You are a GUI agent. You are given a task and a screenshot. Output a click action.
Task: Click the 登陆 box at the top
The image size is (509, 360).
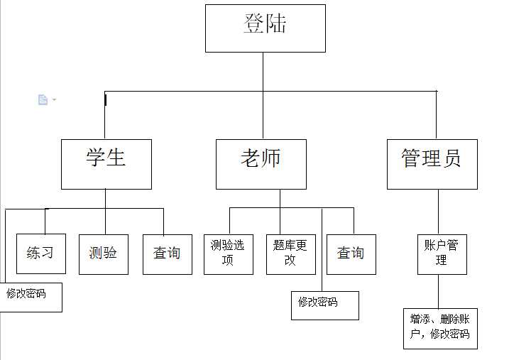[x=265, y=28]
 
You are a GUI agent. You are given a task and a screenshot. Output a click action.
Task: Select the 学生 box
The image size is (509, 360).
[x=106, y=164]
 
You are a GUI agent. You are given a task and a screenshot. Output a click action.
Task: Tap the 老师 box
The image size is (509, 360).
[x=261, y=164]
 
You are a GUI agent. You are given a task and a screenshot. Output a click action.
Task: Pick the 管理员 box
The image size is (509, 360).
[x=432, y=164]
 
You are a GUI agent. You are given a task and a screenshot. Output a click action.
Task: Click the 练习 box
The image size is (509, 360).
[x=40, y=253]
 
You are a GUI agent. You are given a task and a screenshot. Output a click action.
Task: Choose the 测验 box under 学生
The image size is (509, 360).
[x=103, y=253]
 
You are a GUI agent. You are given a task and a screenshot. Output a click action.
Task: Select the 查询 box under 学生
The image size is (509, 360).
[x=167, y=253]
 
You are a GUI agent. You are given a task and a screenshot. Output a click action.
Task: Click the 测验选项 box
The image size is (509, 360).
[x=228, y=253]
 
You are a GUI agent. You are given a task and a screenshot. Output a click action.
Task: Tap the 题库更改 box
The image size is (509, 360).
[x=290, y=253]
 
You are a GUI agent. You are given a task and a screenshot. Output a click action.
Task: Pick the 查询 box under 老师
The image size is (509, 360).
[x=351, y=253]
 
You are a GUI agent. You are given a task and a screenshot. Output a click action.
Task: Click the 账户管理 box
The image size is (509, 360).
[x=442, y=253]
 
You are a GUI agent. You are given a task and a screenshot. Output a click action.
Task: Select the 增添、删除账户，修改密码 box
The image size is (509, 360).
[x=440, y=327]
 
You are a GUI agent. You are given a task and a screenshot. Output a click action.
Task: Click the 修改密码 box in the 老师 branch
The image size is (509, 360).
[x=324, y=305]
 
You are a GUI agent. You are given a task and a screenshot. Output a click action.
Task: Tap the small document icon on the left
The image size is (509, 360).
[x=43, y=100]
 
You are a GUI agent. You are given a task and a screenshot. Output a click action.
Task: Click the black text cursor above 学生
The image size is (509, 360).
[x=105, y=100]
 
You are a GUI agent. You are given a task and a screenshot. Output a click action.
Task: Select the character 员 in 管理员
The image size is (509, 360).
[x=451, y=158]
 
